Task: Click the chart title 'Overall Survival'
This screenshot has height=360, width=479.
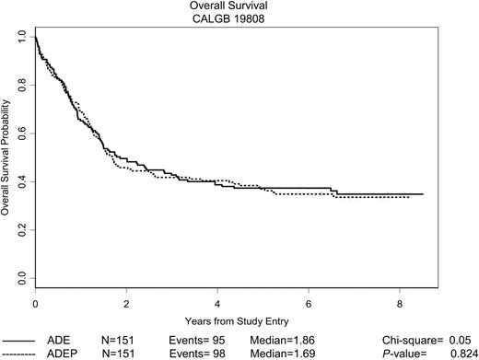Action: [239, 6]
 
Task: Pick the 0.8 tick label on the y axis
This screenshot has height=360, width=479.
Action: [21, 85]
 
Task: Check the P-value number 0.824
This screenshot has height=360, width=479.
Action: [463, 353]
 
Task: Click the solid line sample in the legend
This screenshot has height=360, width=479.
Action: [20, 339]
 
